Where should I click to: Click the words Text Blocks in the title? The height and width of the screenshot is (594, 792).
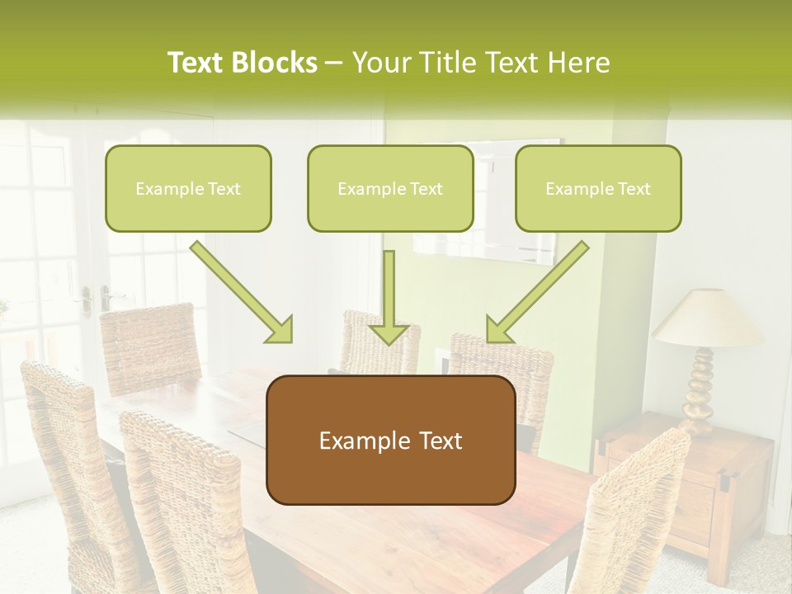242,63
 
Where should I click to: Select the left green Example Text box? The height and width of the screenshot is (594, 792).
188,188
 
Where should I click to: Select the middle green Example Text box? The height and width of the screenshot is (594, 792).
390,188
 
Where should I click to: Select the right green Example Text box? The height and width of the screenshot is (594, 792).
598,188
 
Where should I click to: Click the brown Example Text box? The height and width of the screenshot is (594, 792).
390,440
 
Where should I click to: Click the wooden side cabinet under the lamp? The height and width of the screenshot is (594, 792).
693,487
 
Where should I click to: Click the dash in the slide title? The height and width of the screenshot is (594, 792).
334,63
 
